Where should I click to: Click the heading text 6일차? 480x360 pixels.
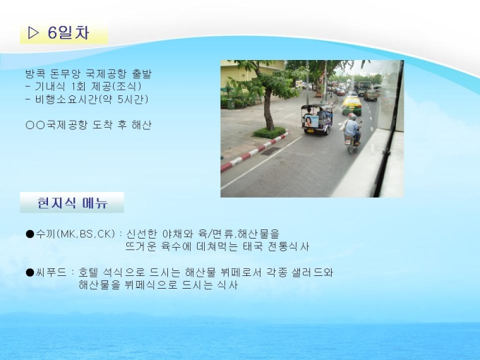click(68, 32)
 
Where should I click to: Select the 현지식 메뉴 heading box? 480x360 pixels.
click(72, 203)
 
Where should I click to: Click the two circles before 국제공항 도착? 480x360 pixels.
click(35, 125)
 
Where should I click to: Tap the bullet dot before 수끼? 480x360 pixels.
click(30, 234)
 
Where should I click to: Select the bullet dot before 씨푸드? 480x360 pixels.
click(30, 272)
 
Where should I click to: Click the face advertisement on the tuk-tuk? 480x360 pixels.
click(311, 121)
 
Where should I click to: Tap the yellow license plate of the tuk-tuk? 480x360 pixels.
click(311, 130)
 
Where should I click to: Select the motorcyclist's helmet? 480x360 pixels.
click(352, 116)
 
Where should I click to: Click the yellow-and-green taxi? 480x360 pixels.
click(352, 105)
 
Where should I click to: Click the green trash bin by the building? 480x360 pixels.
click(232, 104)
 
